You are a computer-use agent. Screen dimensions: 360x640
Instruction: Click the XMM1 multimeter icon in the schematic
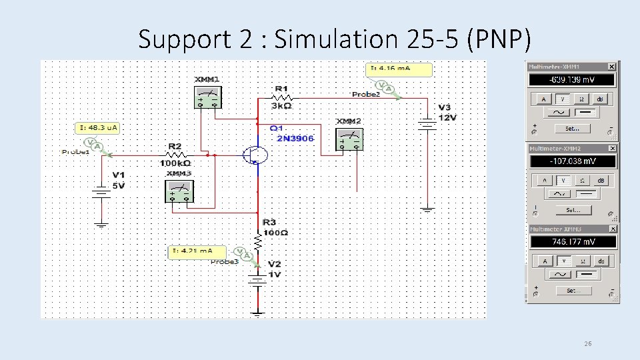[207, 97]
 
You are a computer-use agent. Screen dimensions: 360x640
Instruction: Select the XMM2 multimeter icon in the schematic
[349, 139]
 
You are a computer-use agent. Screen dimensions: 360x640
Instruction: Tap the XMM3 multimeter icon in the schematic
[179, 191]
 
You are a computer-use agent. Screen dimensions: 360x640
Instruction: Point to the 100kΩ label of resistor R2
[175, 163]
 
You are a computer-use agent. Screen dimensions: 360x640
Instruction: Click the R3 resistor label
[269, 222]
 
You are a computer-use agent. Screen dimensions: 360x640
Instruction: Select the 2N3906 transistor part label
[295, 138]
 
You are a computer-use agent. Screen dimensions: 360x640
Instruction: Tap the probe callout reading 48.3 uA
[98, 127]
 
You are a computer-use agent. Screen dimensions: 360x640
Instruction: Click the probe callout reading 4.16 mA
[400, 69]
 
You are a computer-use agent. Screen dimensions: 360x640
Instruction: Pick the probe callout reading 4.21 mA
[197, 251]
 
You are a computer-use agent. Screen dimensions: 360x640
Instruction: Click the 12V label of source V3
[447, 118]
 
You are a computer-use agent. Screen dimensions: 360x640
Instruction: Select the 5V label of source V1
[118, 186]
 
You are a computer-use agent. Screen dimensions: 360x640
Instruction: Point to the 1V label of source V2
[275, 274]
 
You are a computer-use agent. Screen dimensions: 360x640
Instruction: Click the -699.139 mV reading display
[571, 80]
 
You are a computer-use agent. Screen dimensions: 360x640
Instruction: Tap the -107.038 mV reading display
[571, 161]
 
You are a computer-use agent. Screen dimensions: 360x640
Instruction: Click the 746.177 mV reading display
[571, 242]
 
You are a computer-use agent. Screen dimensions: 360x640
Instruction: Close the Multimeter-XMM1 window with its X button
[611, 67]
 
